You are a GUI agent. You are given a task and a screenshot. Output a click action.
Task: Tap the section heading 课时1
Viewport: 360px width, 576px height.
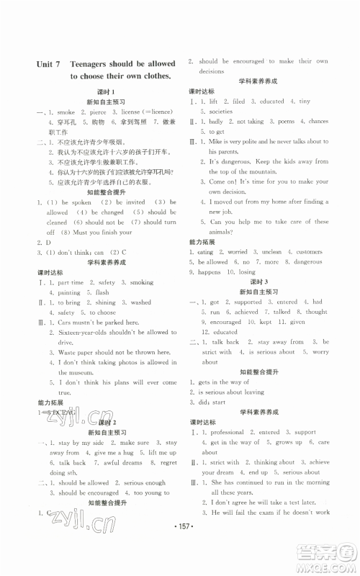pyautogui.click(x=106, y=91)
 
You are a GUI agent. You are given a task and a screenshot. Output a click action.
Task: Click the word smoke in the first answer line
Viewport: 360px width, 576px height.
pyautogui.click(x=66, y=112)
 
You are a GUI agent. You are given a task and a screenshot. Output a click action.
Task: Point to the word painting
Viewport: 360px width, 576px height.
pyautogui.click(x=70, y=293)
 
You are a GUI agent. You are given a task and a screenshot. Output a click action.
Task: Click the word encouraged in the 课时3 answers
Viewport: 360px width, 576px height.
pyautogui.click(x=227, y=323)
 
